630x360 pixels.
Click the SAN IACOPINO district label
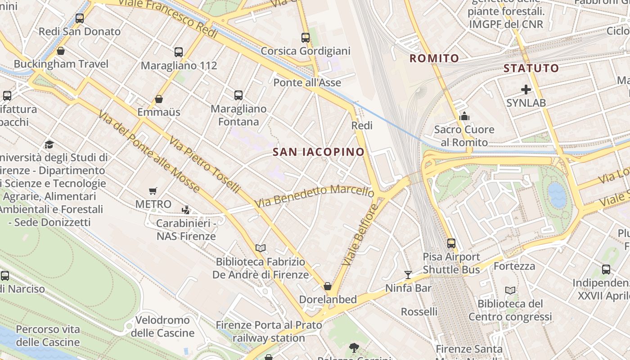pos(319,152)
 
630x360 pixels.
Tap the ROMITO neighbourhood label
pos(434,58)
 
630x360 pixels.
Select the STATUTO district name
pos(531,68)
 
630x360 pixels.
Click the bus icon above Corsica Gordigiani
pos(306,38)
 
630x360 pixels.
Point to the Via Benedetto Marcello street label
pos(314,197)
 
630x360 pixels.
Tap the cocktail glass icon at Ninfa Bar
pos(408,274)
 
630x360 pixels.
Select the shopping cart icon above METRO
pos(153,191)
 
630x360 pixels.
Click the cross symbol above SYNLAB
pos(526,90)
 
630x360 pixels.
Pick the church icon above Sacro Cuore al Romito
pos(464,117)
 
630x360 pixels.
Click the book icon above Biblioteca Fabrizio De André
pos(261,248)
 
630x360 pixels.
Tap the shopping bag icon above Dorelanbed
pos(328,286)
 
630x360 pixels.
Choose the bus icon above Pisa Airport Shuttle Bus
pos(451,243)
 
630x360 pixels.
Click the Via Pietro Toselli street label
pos(204,165)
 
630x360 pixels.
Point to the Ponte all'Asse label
pos(307,82)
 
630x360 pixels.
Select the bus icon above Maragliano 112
pos(179,52)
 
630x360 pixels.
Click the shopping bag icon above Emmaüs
pos(159,99)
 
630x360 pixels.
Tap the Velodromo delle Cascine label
pos(162,327)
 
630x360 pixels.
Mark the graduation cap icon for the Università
pos(49,144)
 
